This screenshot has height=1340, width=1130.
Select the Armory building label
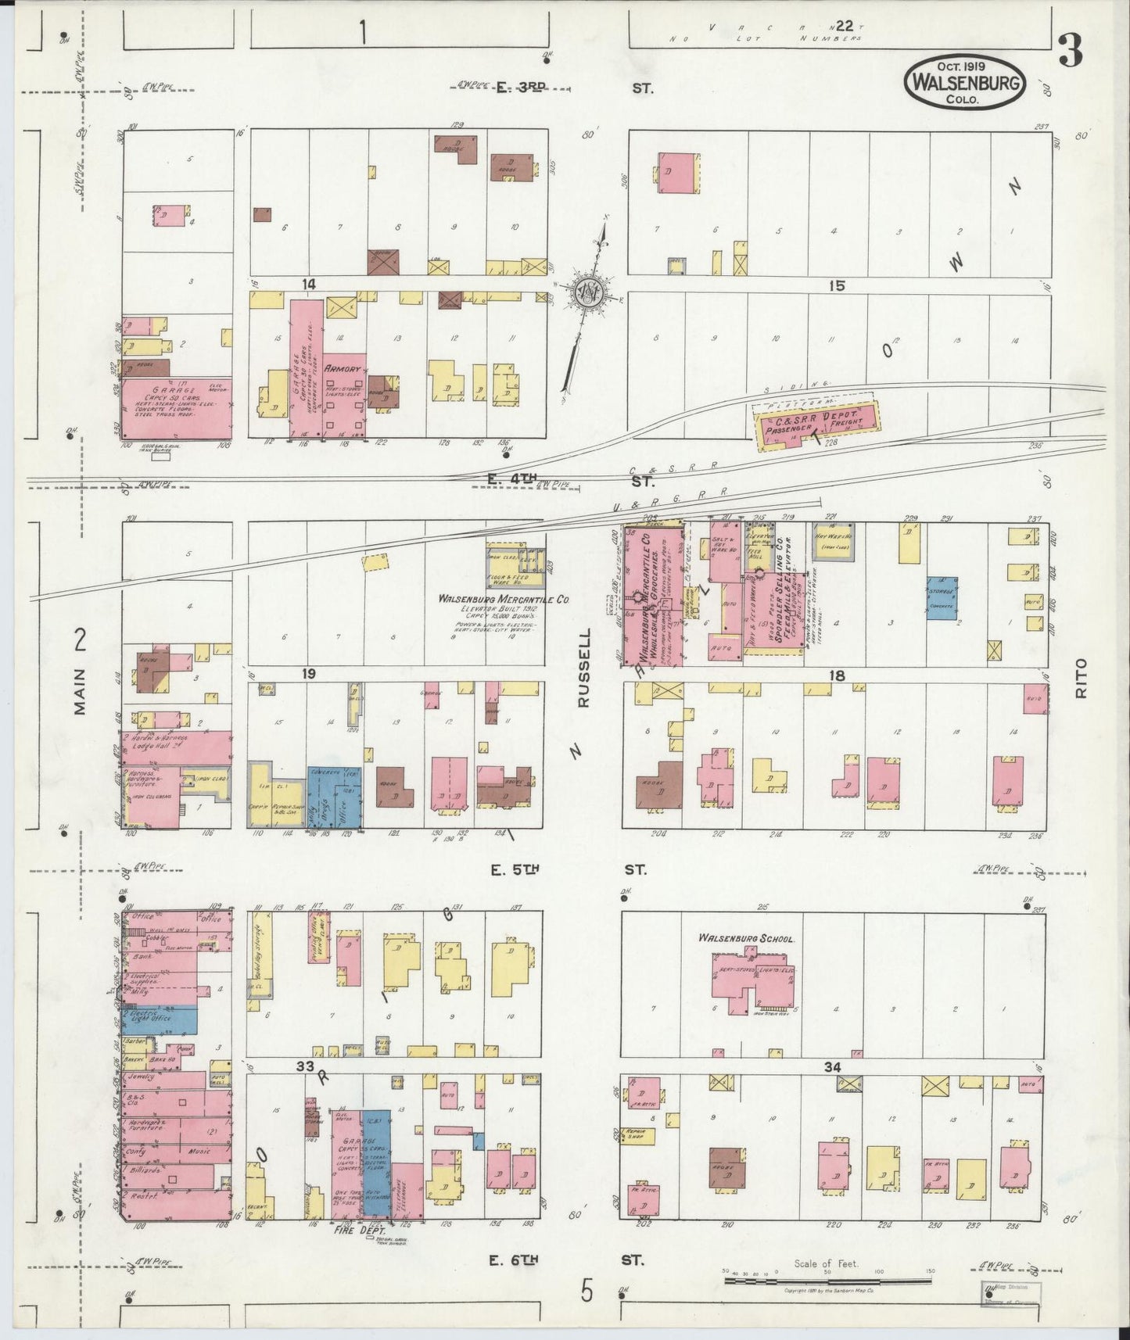coord(345,368)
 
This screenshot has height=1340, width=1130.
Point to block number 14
coord(310,285)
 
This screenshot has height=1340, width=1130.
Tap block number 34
coord(833,1066)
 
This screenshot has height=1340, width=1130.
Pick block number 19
coord(310,673)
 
